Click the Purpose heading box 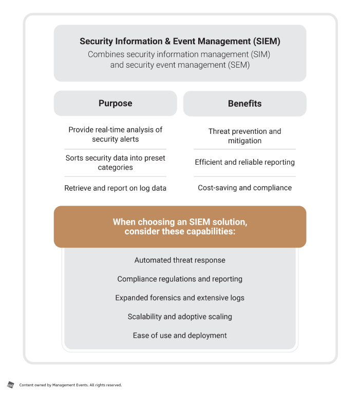116,103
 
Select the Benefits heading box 244,104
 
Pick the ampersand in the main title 167,41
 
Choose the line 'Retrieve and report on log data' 116,188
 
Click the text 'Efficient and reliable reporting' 244,162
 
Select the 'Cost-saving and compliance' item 244,188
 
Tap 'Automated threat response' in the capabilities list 180,260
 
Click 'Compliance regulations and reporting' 180,279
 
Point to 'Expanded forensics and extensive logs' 180,297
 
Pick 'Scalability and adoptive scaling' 180,316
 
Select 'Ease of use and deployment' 180,335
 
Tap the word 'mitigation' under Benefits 244,141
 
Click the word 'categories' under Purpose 116,167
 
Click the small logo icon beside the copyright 10,385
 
